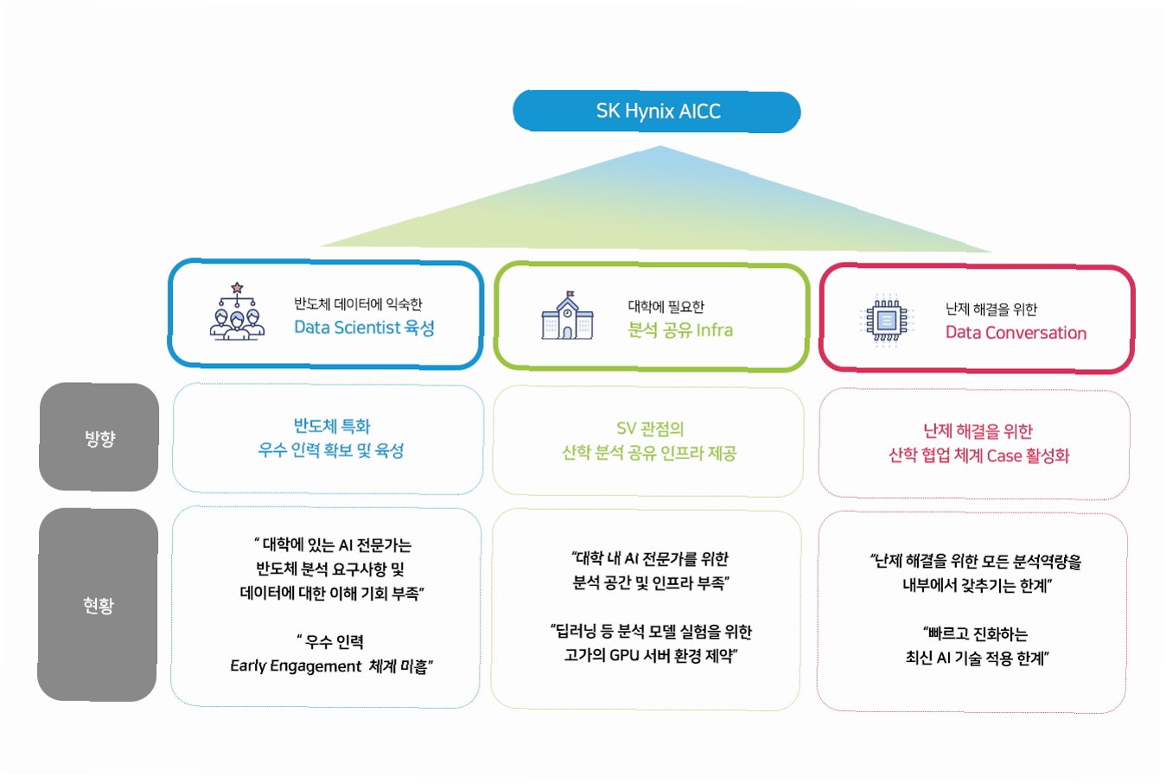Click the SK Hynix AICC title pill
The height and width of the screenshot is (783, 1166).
click(x=657, y=111)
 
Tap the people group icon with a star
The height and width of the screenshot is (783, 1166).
click(x=237, y=312)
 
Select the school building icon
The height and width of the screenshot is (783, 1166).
click(x=567, y=316)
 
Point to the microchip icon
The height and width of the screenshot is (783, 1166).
click(x=886, y=321)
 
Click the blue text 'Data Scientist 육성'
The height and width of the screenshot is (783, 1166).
click(x=364, y=328)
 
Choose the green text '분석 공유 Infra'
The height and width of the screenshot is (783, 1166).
click(x=680, y=330)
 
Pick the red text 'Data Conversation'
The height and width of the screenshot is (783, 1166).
click(x=1016, y=333)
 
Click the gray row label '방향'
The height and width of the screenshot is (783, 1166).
click(x=99, y=438)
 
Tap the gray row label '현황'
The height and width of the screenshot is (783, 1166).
click(x=99, y=605)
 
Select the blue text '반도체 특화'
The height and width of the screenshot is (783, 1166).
click(x=332, y=426)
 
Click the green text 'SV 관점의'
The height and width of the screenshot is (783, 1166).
click(x=650, y=429)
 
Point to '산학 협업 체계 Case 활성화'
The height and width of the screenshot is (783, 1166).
click(x=978, y=455)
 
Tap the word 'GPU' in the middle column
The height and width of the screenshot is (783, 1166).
click(x=624, y=655)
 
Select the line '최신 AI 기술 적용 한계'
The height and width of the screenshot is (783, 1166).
click(x=977, y=658)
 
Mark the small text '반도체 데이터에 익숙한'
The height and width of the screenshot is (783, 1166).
click(x=358, y=304)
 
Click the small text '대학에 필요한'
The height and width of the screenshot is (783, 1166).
click(x=666, y=306)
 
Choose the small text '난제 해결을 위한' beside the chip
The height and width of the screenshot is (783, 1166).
click(x=991, y=309)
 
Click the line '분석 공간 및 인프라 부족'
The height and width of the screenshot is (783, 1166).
click(x=651, y=582)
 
